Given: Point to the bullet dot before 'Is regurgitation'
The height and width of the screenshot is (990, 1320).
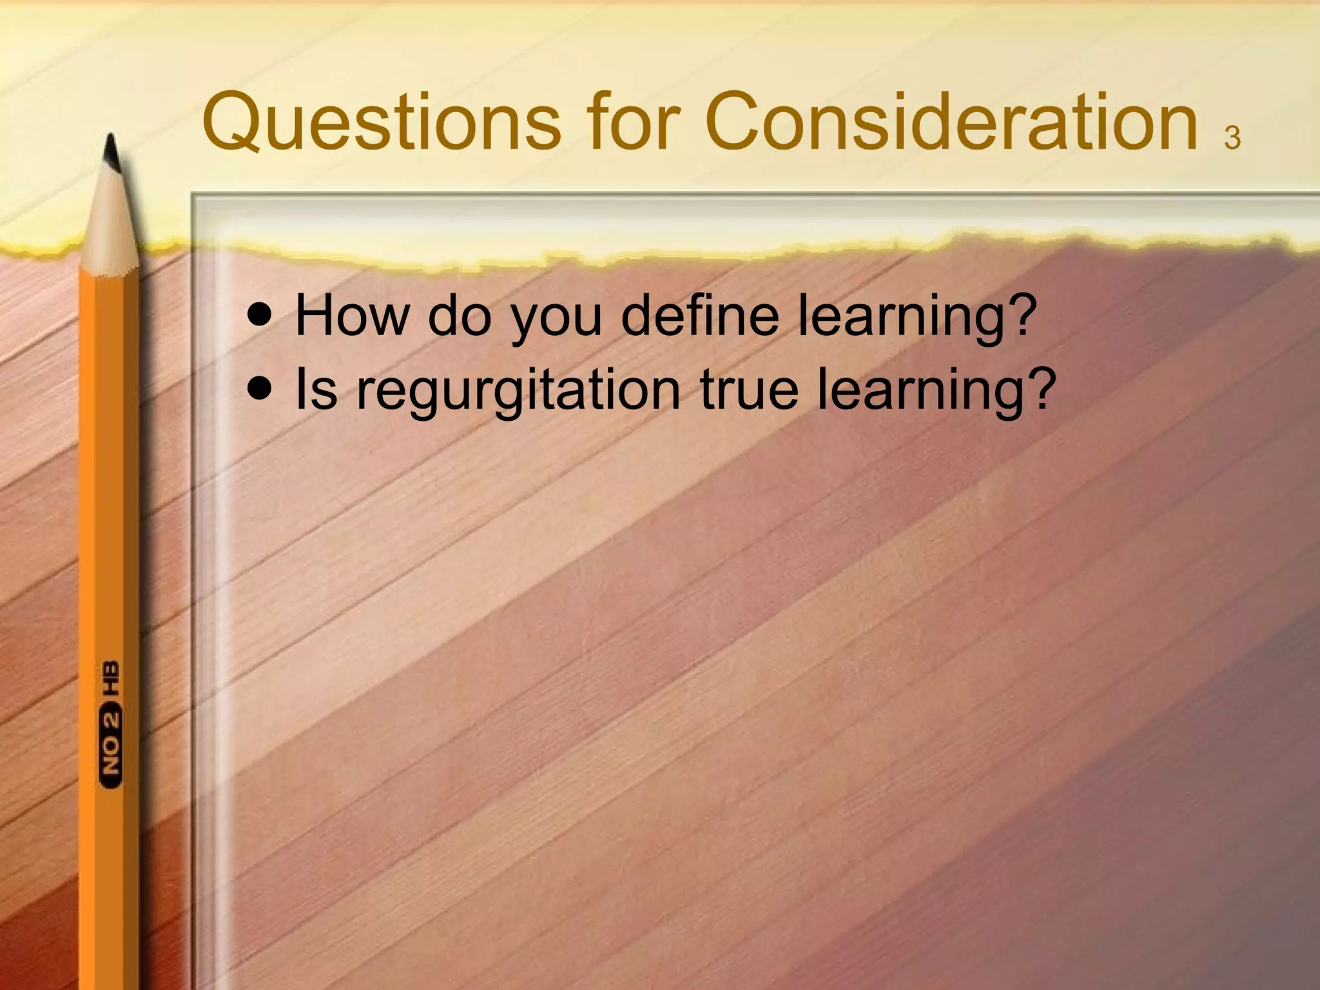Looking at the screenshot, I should [x=260, y=389].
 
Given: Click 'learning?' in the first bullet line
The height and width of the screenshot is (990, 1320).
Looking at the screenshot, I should [x=918, y=316].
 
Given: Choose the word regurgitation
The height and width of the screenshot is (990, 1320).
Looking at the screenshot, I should [x=518, y=391].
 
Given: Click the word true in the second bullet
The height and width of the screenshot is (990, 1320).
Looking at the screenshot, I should [x=749, y=389].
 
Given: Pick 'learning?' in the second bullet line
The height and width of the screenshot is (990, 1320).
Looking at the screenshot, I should [x=937, y=391].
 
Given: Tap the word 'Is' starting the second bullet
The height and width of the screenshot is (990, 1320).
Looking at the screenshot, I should [x=316, y=389].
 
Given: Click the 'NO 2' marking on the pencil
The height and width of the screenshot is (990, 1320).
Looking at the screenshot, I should [x=111, y=748].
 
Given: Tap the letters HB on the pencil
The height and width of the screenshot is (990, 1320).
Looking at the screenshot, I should [x=111, y=678].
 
